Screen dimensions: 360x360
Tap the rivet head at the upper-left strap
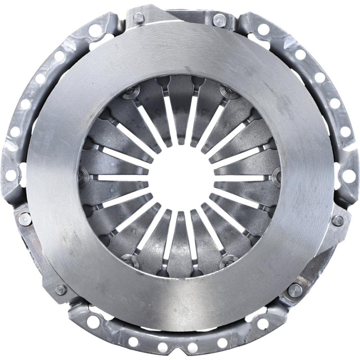(x=139, y=18)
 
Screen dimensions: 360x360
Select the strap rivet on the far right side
(x=337, y=220)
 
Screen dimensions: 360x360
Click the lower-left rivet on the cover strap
(x=61, y=289)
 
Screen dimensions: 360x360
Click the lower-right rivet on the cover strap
(x=295, y=289)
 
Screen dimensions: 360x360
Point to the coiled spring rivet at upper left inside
(x=130, y=94)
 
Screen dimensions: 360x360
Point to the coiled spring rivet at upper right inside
(x=229, y=94)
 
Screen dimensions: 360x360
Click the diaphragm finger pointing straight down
(x=180, y=245)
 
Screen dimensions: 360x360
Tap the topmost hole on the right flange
(x=264, y=29)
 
